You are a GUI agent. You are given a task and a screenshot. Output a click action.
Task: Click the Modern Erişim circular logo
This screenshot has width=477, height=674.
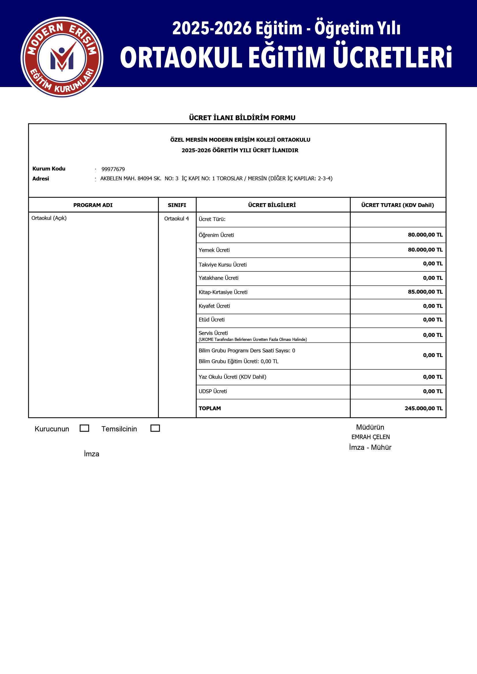pyautogui.click(x=62, y=57)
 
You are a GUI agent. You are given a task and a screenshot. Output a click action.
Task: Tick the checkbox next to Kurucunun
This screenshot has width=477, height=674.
pyautogui.click(x=84, y=428)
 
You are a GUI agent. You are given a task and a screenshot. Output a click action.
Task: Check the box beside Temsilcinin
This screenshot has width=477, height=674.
pyautogui.click(x=155, y=428)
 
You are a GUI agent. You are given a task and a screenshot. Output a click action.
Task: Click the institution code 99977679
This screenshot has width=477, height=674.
pyautogui.click(x=113, y=169)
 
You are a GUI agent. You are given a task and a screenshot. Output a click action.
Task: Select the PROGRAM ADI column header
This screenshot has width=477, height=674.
pyautogui.click(x=93, y=205)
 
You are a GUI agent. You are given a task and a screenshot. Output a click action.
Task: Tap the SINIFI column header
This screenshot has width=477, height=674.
pyautogui.click(x=177, y=205)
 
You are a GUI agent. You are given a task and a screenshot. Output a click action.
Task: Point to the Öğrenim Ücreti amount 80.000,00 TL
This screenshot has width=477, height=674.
pyautogui.click(x=425, y=235)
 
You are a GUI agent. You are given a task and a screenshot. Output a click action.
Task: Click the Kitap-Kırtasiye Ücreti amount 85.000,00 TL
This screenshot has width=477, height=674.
pyautogui.click(x=425, y=292)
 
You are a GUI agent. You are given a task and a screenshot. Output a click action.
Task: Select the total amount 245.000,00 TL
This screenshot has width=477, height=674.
pyautogui.click(x=423, y=408)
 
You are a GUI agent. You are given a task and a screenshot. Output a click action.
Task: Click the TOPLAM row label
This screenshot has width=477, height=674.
pyautogui.click(x=210, y=408)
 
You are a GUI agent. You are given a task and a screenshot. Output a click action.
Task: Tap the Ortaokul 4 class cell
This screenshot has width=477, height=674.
pyautogui.click(x=176, y=218)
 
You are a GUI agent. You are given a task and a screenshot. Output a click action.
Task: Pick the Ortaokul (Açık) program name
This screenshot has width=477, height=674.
pyautogui.click(x=49, y=218)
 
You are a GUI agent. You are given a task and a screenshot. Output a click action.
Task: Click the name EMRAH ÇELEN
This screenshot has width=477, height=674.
pyautogui.click(x=370, y=437)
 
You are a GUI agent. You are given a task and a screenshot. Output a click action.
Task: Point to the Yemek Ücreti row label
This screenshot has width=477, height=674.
pyautogui.click(x=214, y=250)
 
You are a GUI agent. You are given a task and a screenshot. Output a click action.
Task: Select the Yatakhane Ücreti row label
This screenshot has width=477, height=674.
pyautogui.click(x=219, y=278)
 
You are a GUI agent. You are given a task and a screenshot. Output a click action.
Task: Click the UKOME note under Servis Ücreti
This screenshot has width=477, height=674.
pyautogui.click(x=253, y=339)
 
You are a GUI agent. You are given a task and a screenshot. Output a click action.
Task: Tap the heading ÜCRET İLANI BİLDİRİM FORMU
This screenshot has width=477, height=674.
pyautogui.click(x=242, y=118)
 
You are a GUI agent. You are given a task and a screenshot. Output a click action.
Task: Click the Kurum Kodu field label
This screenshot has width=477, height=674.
pyautogui.click(x=49, y=169)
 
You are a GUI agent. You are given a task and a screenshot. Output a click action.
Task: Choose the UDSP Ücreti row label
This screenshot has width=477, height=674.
pyautogui.click(x=213, y=391)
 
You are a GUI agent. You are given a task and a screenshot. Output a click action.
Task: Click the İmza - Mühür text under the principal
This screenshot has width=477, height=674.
pyautogui.click(x=370, y=447)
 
